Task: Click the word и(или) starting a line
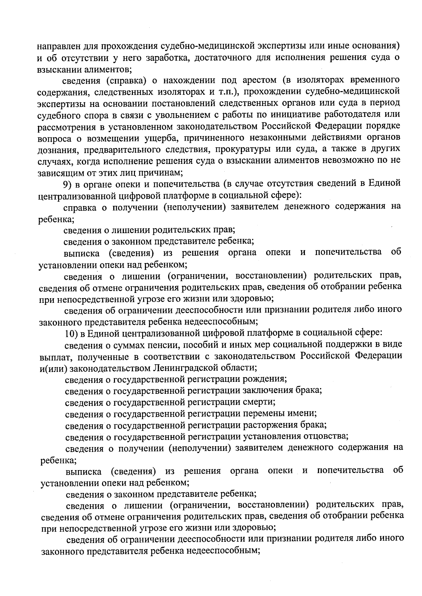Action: [54, 368]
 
